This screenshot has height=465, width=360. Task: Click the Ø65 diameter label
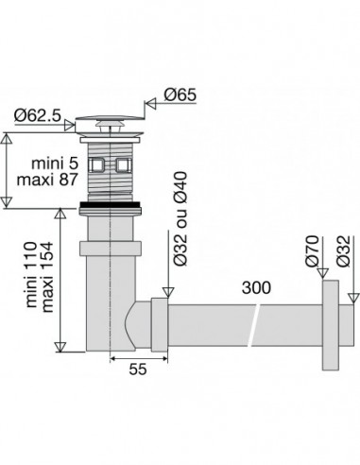click(180, 95)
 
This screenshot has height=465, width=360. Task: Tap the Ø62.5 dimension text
click(37, 115)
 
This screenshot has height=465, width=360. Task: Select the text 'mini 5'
click(55, 164)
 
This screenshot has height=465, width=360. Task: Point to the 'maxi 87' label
click(47, 180)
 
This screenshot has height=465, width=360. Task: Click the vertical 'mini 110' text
click(31, 274)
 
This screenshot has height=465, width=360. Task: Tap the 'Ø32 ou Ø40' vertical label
click(180, 218)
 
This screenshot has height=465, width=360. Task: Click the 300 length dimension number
click(256, 287)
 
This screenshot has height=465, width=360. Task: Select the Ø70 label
click(313, 251)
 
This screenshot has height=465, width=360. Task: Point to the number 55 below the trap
click(138, 369)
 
